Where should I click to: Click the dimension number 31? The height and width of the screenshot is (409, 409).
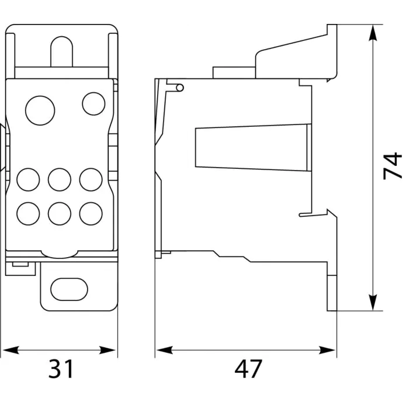(x=61, y=369)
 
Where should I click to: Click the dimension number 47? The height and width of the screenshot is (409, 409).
(x=248, y=369)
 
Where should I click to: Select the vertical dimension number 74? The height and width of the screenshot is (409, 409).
(x=392, y=166)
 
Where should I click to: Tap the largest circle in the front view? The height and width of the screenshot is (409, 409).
(x=40, y=110)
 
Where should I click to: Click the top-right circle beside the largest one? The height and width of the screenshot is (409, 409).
(x=93, y=103)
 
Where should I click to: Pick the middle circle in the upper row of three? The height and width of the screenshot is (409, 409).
(x=60, y=180)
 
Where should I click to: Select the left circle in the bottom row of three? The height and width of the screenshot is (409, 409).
(x=28, y=214)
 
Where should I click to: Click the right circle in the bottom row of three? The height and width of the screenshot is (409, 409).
(x=91, y=214)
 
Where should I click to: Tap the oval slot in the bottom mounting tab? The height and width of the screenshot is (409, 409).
(x=69, y=289)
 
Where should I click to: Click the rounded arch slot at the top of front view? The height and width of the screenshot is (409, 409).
(x=61, y=37)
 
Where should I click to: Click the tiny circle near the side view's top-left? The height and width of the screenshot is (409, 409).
(x=180, y=88)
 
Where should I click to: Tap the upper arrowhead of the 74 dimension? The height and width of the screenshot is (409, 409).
(x=373, y=33)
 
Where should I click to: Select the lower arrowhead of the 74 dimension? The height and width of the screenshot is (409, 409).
(x=373, y=303)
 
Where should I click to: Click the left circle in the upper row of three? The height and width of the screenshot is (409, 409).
(x=28, y=180)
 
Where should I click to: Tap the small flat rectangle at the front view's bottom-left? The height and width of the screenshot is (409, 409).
(x=20, y=265)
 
